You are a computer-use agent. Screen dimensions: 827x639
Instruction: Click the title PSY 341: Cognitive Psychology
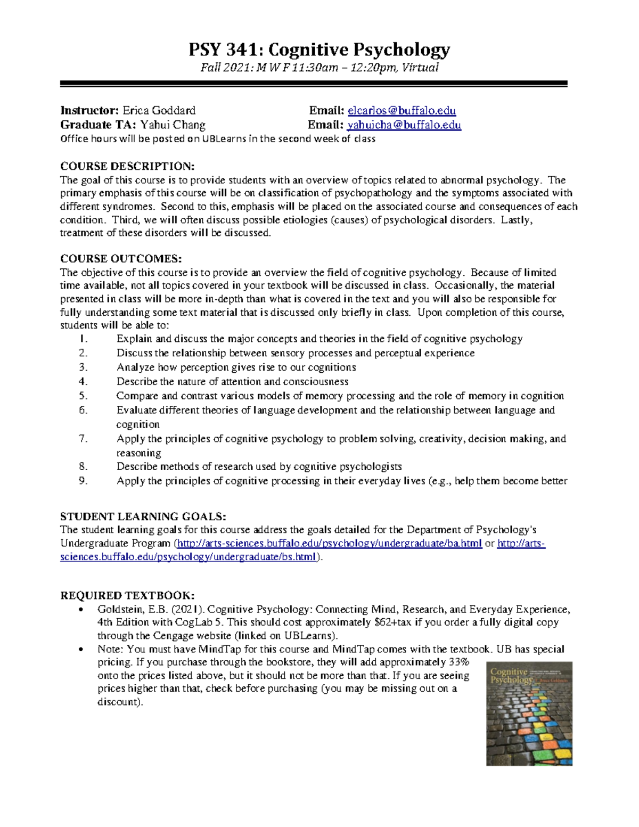[319, 50]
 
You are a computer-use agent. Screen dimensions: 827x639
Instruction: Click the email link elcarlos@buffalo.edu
[402, 111]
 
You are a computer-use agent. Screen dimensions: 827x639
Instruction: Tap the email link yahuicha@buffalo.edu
[404, 125]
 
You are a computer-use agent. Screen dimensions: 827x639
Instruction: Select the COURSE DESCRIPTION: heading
[127, 166]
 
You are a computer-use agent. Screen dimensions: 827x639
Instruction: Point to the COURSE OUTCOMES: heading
[121, 259]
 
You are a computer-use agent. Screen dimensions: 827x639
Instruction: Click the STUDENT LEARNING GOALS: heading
[143, 517]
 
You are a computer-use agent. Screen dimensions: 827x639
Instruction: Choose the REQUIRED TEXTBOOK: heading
[127, 595]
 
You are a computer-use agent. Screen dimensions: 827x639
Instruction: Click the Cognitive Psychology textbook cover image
[529, 714]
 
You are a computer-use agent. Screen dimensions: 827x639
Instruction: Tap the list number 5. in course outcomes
[83, 396]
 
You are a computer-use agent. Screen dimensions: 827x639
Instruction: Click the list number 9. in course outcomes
[83, 481]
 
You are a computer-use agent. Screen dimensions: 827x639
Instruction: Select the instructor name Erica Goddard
[159, 111]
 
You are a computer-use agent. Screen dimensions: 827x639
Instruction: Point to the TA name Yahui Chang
[173, 125]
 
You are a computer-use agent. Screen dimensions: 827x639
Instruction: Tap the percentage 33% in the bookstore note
[458, 662]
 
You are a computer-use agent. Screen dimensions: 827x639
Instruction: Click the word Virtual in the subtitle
[420, 68]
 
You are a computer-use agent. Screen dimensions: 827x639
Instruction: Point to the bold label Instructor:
[89, 111]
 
